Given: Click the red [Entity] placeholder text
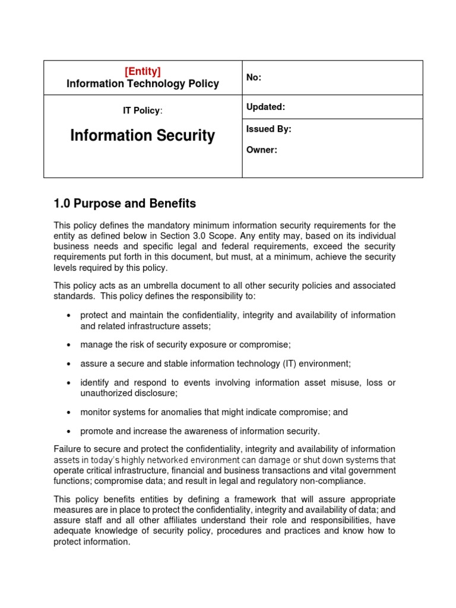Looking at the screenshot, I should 142,71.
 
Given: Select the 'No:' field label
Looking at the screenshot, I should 254,78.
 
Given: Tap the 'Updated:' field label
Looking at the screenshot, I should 265,107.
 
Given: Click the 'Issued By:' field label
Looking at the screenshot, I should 268,129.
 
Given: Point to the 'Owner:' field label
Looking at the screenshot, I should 261,150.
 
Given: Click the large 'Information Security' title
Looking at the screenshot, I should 142,136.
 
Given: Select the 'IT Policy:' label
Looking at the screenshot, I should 142,110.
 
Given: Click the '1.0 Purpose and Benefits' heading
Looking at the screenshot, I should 125,204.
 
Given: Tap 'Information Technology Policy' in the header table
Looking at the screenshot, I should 142,84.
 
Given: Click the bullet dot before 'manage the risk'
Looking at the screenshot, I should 69,345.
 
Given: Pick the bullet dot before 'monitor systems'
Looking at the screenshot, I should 69,412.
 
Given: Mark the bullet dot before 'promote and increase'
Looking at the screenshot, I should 69,432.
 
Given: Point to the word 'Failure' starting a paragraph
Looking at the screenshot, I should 68,449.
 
